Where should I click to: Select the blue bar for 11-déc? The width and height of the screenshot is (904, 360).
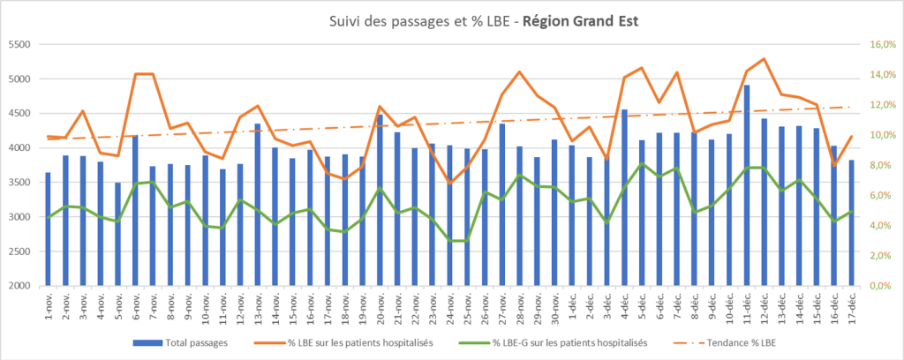[747, 185]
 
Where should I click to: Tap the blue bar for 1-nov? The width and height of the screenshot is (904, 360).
[48, 229]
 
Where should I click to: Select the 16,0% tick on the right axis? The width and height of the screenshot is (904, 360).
[883, 45]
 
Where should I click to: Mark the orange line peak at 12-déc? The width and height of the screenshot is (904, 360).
[764, 59]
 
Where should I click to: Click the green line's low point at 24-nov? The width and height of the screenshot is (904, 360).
[449, 240]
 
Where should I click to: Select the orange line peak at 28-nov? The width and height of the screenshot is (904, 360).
[519, 71]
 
